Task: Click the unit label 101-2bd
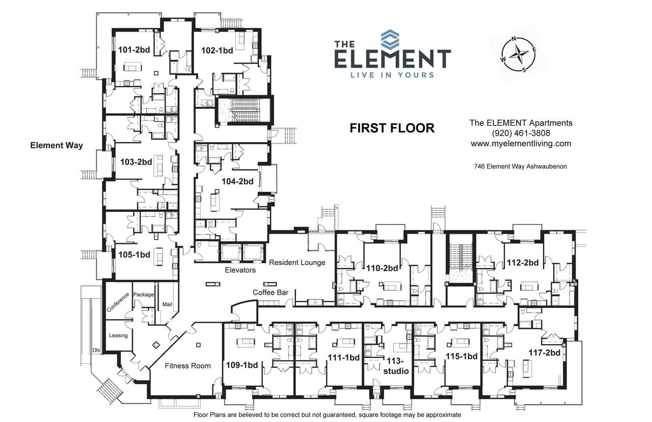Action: (x=133, y=50)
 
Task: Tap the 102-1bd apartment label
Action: (x=217, y=50)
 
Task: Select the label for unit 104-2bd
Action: (x=237, y=181)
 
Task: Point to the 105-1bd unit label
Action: (x=134, y=255)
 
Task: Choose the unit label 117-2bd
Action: (x=544, y=352)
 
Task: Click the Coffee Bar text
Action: (x=270, y=292)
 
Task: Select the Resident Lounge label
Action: (x=297, y=263)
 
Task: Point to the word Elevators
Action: (x=240, y=270)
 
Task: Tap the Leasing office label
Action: (x=118, y=335)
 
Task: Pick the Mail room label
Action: (x=167, y=304)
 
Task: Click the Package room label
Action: (x=143, y=294)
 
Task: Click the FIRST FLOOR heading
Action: (x=392, y=128)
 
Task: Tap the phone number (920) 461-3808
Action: (x=521, y=133)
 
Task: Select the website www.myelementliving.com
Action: (x=521, y=144)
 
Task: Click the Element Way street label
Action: (x=57, y=146)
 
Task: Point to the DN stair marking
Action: (x=96, y=351)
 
